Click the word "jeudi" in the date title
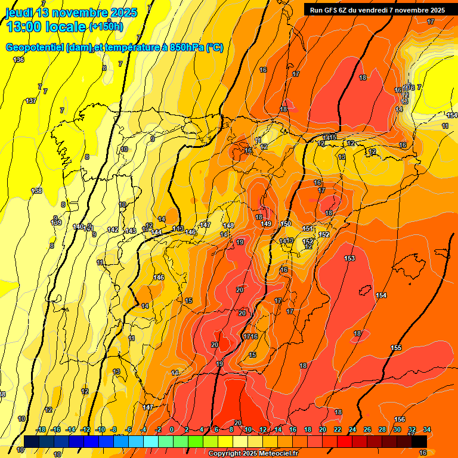pyautogui.click(x=18, y=13)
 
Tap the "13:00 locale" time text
pyautogui.click(x=45, y=26)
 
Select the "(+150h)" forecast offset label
pyautogui.click(x=106, y=27)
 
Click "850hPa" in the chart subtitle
pyautogui.click(x=186, y=48)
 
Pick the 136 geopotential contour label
pyautogui.click(x=19, y=60)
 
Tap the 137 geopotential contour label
pyautogui.click(x=31, y=101)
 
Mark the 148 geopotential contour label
pyautogui.click(x=228, y=225)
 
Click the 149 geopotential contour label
pyautogui.click(x=266, y=224)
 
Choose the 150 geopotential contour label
pyautogui.click(x=286, y=224)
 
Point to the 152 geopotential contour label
pyautogui.click(x=324, y=234)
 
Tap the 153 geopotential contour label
pyautogui.click(x=349, y=258)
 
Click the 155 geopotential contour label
pyautogui.click(x=396, y=348)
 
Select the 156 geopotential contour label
pyautogui.click(x=400, y=420)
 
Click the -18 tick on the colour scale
pyautogui.click(x=41, y=429)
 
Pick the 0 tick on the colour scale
pyautogui.click(x=172, y=429)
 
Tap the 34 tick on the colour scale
pyautogui.click(x=427, y=429)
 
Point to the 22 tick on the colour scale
pyautogui.click(x=338, y=429)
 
